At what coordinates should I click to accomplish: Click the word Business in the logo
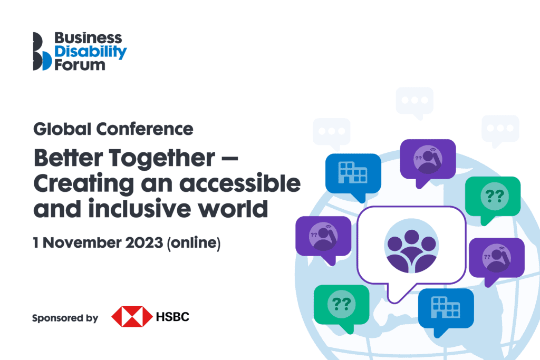point(88,38)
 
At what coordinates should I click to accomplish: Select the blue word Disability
point(91,52)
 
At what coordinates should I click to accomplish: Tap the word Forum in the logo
point(80,65)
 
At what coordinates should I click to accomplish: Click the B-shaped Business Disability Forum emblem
point(42,51)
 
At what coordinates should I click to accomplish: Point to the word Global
point(62,129)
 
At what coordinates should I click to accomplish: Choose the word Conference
point(144,129)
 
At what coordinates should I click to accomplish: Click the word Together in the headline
point(162,159)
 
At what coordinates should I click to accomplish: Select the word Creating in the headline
point(84,184)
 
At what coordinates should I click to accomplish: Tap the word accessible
point(240,183)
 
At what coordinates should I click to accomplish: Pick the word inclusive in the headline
point(139,209)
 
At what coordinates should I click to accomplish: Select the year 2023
point(144,242)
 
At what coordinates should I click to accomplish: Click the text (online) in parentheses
point(194,243)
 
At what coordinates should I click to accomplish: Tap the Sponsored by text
point(65,318)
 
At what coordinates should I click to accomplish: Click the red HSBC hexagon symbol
point(132,317)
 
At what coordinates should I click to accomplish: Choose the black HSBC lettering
point(172,317)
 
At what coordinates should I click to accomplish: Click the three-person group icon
point(411,246)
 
